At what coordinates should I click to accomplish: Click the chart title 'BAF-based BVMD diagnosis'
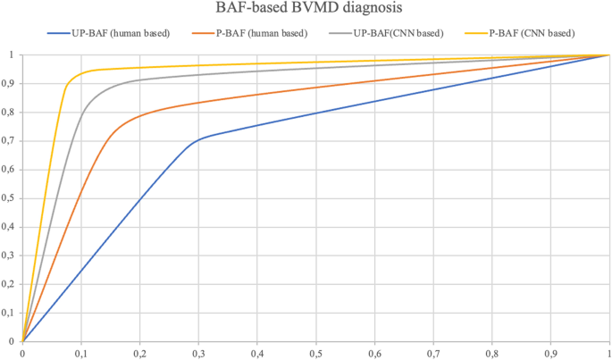[x=305, y=11]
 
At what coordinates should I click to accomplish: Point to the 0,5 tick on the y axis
[x=9, y=198]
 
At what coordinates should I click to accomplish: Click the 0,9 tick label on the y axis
[x=9, y=83]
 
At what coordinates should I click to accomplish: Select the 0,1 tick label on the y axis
[x=9, y=313]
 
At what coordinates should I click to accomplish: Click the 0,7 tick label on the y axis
[x=9, y=141]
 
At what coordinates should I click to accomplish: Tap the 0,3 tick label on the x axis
[x=198, y=353]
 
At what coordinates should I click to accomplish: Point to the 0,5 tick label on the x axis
[x=315, y=353]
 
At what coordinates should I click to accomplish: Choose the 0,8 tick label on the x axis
[x=491, y=353]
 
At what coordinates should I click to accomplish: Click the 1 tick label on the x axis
[x=608, y=353]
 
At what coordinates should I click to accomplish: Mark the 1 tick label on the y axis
[x=13, y=54]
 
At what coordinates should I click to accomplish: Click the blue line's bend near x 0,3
[x=198, y=140]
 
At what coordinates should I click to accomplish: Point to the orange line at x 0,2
[x=139, y=116]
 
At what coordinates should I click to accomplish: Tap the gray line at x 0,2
[x=139, y=80]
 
